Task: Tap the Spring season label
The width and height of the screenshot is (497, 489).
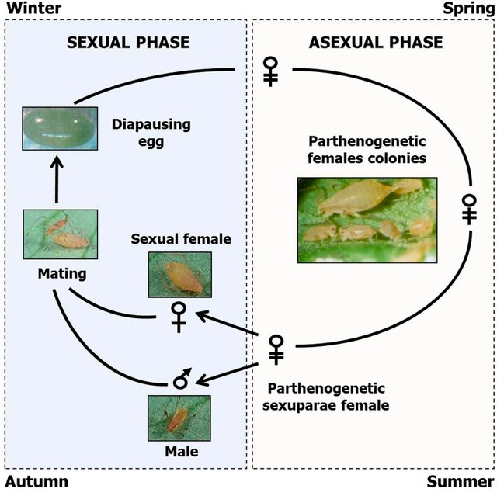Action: (467, 9)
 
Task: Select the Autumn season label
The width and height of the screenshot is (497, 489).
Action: (36, 480)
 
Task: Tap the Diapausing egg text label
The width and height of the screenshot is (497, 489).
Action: (151, 131)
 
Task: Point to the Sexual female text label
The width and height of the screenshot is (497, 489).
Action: (181, 239)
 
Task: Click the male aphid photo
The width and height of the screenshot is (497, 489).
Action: (179, 418)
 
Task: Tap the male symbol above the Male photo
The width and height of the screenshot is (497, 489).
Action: (182, 379)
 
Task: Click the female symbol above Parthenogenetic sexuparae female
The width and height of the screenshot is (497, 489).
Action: (276, 349)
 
